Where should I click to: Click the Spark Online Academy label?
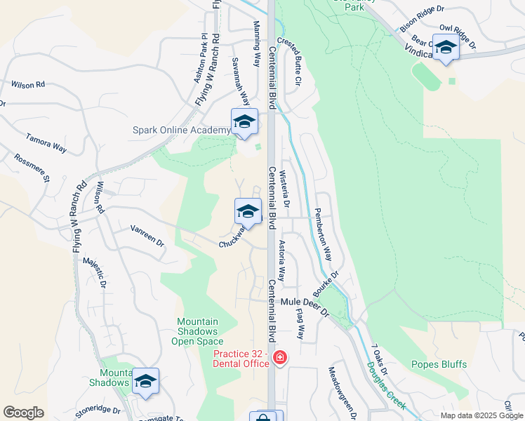[x=181, y=130]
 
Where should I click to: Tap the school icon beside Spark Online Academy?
[x=244, y=122]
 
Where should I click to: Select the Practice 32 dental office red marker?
[x=280, y=359]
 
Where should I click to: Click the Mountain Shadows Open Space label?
[x=197, y=332]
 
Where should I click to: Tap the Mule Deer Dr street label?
[x=305, y=302]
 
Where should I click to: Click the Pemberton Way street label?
[x=322, y=234]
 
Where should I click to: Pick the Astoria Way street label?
[x=281, y=260]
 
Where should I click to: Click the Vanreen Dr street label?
[x=147, y=236]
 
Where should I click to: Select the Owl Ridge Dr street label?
[x=458, y=36]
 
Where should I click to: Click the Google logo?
[x=23, y=413]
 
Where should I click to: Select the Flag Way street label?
[x=300, y=324]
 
